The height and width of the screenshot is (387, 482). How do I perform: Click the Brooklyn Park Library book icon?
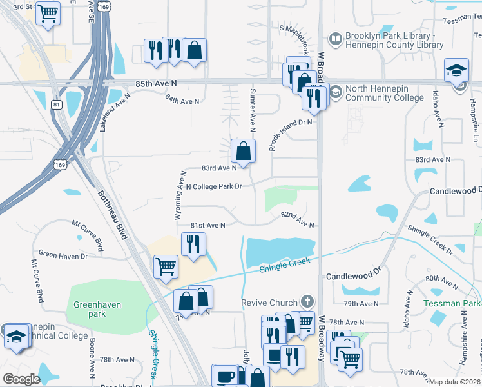335,39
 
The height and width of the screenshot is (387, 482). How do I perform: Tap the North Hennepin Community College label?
385,94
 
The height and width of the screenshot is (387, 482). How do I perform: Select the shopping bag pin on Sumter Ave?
243,152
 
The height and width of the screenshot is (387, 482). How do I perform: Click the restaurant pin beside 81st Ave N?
193,244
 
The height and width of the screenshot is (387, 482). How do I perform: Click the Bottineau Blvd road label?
112,214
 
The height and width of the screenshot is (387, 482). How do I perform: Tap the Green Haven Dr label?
63,256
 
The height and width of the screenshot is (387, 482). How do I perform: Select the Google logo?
21,379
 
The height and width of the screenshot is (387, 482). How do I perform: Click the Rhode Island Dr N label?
291,134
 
